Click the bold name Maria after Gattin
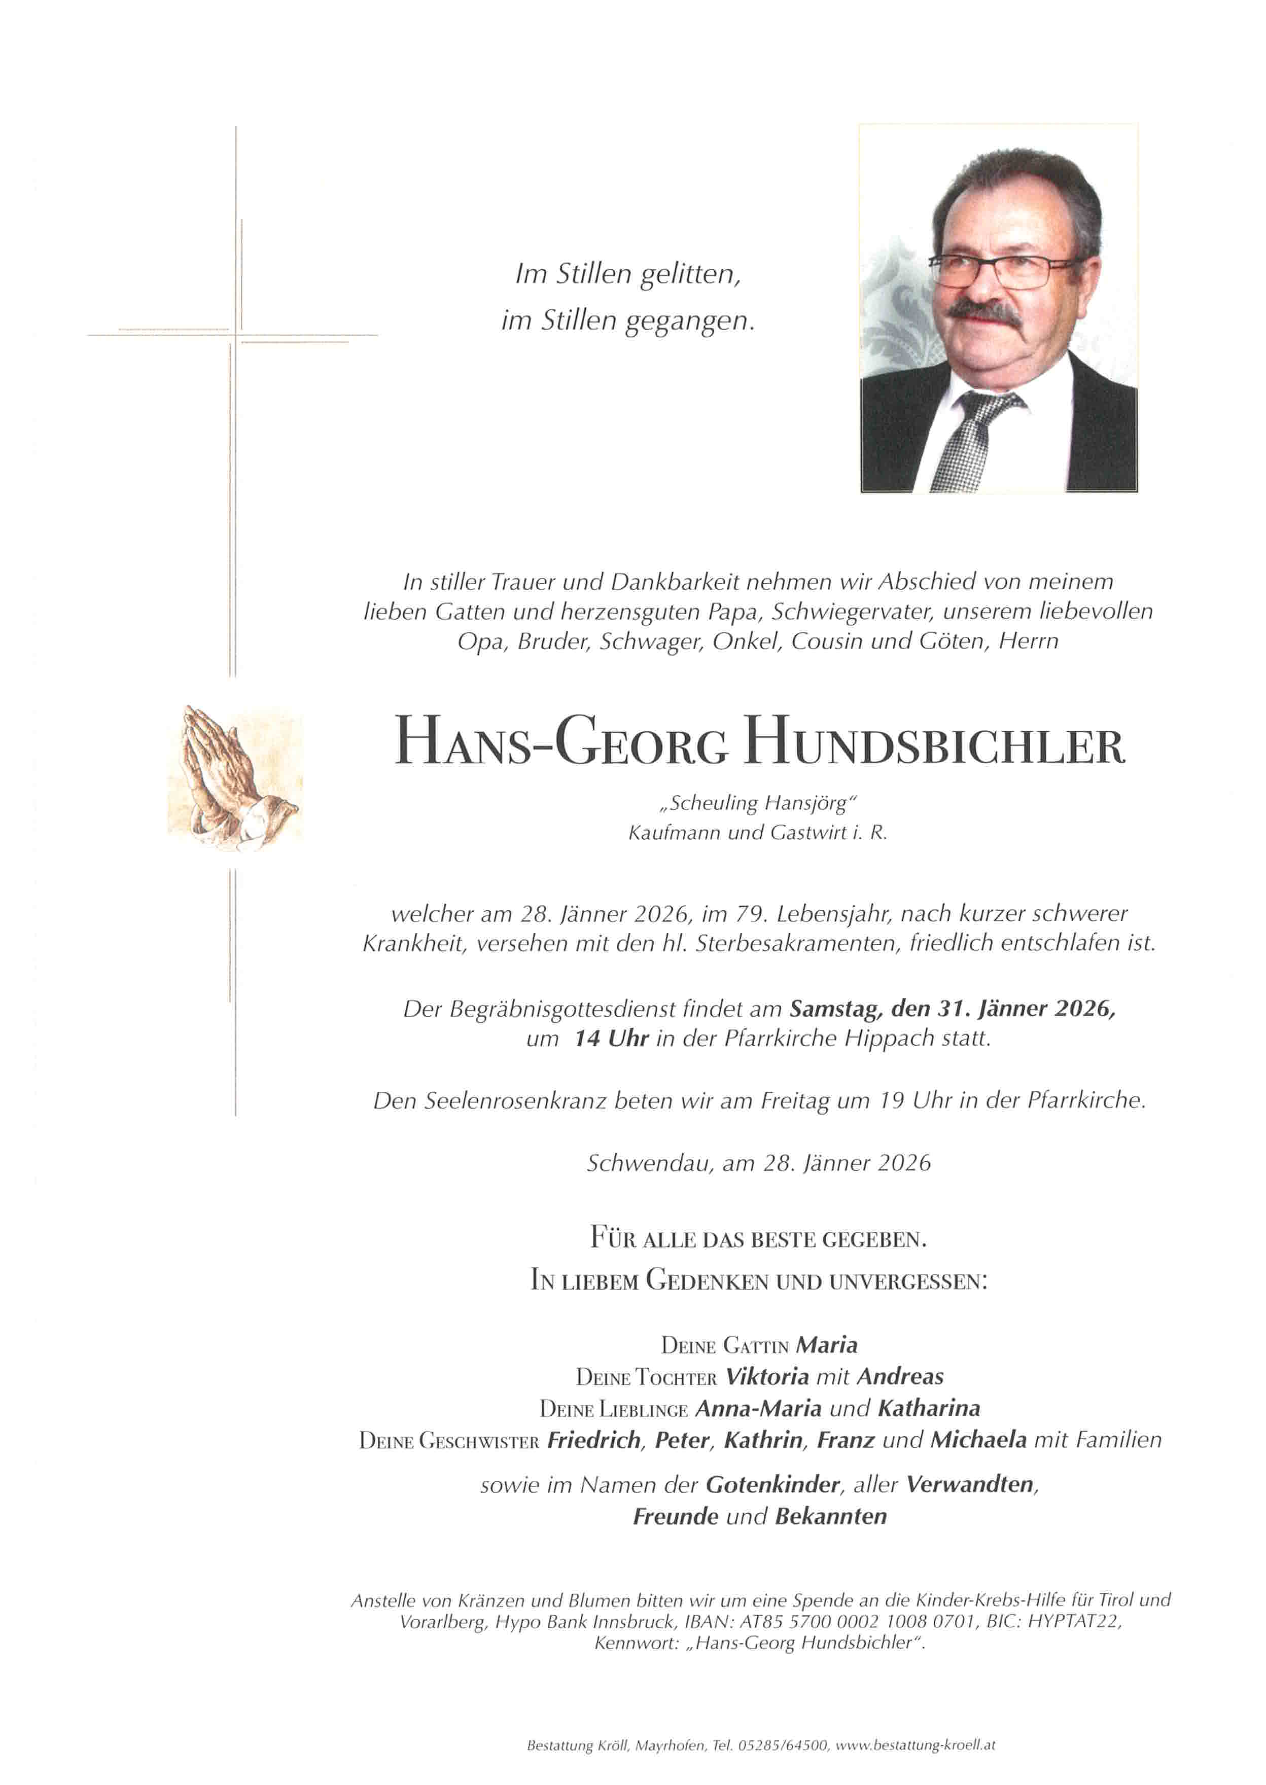[x=827, y=1345]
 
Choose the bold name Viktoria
[x=767, y=1377]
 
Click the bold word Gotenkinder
[x=772, y=1485]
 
